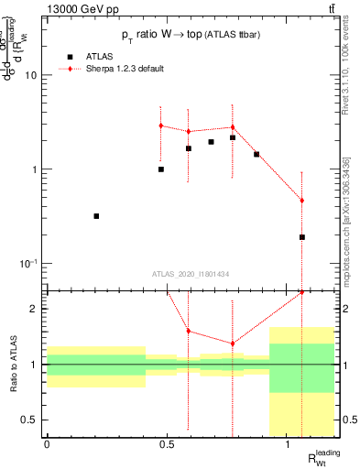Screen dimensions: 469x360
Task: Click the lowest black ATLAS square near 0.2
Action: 96,216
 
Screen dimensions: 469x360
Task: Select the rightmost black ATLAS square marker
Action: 301,237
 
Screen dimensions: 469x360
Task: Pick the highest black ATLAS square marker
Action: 233,137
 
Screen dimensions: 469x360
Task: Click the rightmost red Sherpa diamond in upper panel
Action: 301,201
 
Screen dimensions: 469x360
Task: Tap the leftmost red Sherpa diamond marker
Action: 160,125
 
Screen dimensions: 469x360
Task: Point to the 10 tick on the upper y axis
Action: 31,76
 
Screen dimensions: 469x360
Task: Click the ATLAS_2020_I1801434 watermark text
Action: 191,274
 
